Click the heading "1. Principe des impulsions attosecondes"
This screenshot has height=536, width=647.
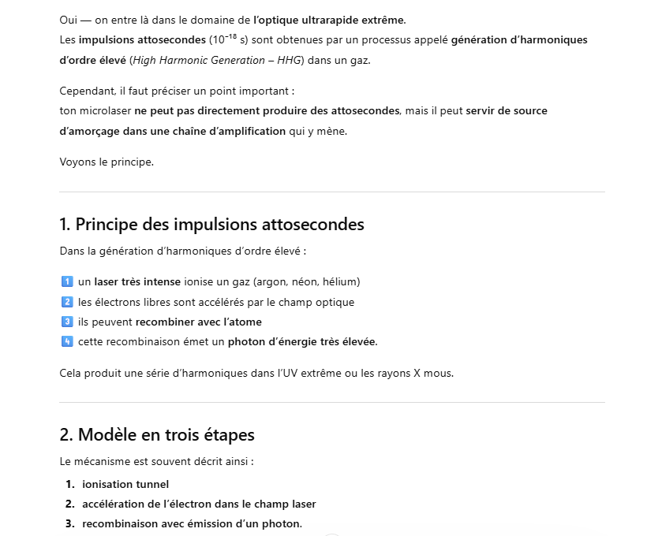[211, 225]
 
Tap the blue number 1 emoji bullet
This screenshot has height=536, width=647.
[66, 281]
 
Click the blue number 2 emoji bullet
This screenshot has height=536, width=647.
[66, 302]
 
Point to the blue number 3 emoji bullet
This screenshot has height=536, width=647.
[66, 322]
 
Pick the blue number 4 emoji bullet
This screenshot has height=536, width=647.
[66, 341]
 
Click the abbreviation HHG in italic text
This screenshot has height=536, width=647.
[290, 60]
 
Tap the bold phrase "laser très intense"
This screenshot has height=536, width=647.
[137, 281]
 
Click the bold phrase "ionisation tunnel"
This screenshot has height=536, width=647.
[125, 484]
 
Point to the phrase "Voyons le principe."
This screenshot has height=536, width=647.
[107, 162]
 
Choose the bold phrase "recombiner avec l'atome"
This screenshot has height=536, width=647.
[198, 322]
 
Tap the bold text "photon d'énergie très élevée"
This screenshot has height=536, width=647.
[302, 341]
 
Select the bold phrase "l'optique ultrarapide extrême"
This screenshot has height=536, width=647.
[329, 20]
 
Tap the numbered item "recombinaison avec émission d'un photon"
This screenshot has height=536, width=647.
[191, 524]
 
